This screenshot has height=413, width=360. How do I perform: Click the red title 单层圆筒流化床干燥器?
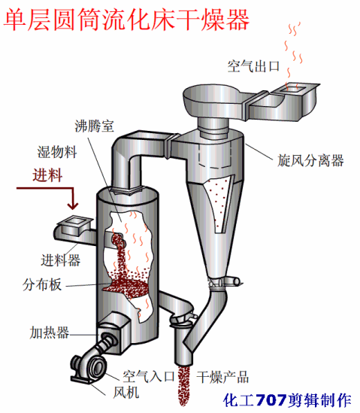click(x=126, y=20)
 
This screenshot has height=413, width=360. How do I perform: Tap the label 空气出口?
click(x=253, y=66)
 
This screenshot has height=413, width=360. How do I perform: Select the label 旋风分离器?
click(x=310, y=160)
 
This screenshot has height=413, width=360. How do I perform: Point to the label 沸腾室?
click(x=95, y=126)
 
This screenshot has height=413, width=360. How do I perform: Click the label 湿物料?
click(x=57, y=152)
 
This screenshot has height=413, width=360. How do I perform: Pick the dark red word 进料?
click(x=47, y=175)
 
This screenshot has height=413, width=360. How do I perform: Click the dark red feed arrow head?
click(x=73, y=205)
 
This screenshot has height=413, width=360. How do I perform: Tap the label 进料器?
click(x=61, y=260)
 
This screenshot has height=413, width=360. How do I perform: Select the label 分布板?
click(x=42, y=284)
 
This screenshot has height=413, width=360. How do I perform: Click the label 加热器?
click(x=49, y=333)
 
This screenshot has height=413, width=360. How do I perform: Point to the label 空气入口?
click(x=148, y=376)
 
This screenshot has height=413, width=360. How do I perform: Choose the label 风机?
click(x=126, y=393)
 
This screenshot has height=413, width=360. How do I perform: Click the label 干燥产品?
click(x=222, y=377)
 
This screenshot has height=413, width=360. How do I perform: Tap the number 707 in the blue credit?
click(x=271, y=400)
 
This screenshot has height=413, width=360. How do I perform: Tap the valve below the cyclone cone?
click(x=224, y=282)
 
